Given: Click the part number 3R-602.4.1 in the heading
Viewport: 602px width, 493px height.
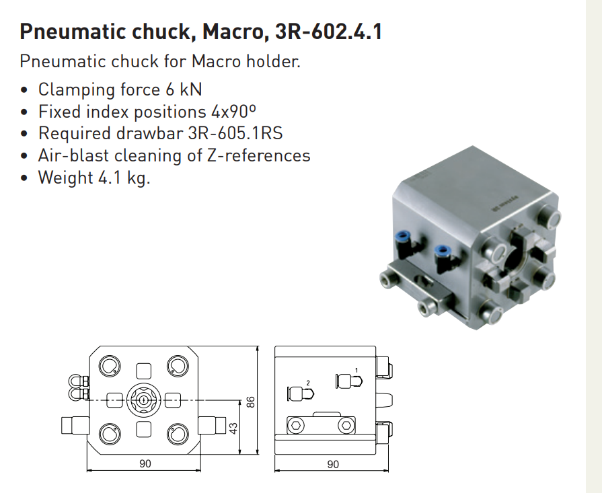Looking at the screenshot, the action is point(329,32).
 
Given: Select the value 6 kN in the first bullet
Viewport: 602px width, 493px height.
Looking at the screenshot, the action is point(184,89).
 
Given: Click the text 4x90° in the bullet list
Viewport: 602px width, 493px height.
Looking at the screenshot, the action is point(233,112).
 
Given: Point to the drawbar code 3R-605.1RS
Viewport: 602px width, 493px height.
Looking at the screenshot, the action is point(235,133).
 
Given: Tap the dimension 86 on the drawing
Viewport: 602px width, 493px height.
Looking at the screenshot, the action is point(250,402).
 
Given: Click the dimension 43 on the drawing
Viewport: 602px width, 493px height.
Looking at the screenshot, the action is point(233,428).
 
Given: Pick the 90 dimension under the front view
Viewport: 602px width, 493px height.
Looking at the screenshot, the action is point(145,464).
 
